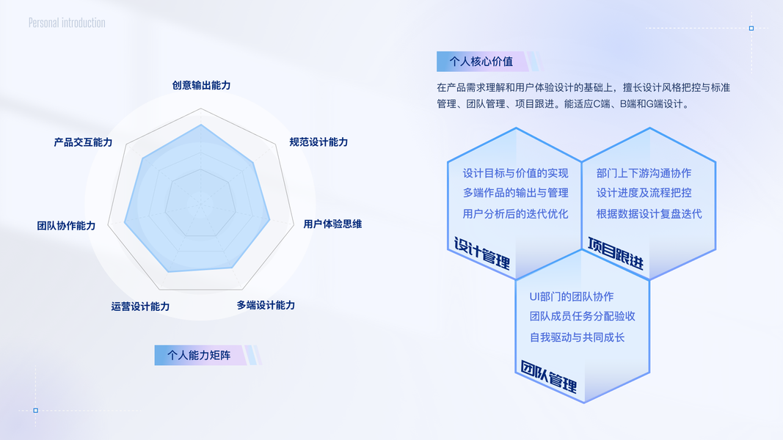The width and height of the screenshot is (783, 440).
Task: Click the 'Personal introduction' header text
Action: pyautogui.click(x=67, y=23)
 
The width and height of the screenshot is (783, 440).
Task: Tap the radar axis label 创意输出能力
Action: pyautogui.click(x=201, y=86)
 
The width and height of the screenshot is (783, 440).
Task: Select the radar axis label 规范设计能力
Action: pyautogui.click(x=318, y=142)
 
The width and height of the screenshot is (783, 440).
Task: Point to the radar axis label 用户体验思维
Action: pyautogui.click(x=332, y=224)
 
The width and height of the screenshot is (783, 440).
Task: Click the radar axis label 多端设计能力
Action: pyautogui.click(x=266, y=305)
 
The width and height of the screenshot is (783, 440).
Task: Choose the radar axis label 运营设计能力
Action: pyautogui.click(x=140, y=307)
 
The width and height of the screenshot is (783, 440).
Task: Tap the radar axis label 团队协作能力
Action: pyautogui.click(x=66, y=226)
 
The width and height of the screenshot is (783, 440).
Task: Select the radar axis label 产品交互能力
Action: pyautogui.click(x=83, y=142)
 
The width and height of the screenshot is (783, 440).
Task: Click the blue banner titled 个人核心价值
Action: pyautogui.click(x=481, y=62)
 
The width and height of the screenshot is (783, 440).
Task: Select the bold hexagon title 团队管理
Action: pyautogui.click(x=549, y=376)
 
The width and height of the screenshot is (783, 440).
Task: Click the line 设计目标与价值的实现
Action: pyautogui.click(x=515, y=174)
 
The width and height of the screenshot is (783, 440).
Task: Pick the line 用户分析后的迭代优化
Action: pyautogui.click(x=515, y=214)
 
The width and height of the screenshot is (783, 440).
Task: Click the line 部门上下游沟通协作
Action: pyautogui.click(x=644, y=174)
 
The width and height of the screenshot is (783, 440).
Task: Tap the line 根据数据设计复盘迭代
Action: pyautogui.click(x=649, y=214)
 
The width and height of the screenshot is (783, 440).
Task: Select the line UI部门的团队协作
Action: pyautogui.click(x=572, y=297)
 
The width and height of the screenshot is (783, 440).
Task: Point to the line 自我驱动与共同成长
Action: pyautogui.click(x=577, y=337)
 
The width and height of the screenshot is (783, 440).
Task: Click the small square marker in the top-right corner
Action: pyautogui.click(x=751, y=29)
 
